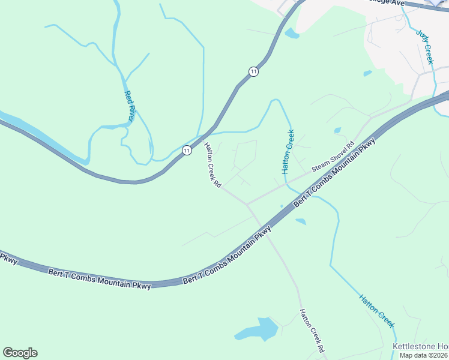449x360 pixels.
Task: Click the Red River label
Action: pos(130,106)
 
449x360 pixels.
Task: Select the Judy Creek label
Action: pos(427,47)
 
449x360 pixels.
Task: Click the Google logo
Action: pos(20,353)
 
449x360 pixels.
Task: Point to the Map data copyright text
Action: pos(424,355)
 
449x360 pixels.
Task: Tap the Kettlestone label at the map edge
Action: pos(420,347)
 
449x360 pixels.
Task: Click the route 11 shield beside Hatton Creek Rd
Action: pos(187,150)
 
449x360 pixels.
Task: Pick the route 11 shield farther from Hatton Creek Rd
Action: pos(254,71)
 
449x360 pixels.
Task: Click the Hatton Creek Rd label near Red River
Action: pos(212,165)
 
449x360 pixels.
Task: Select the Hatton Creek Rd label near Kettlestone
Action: pos(313,331)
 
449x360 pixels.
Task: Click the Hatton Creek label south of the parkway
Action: pos(378,310)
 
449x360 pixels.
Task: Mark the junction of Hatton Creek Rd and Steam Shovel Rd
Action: pos(247,204)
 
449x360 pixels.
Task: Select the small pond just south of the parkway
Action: pos(301,221)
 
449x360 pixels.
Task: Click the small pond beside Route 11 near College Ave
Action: pos(292,34)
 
